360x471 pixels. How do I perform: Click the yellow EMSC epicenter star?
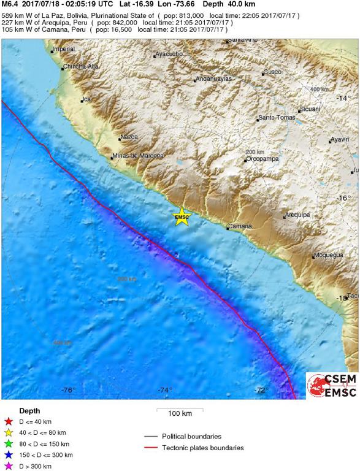(182, 216)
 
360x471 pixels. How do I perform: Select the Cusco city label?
(272, 72)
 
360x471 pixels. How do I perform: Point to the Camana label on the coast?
(240, 226)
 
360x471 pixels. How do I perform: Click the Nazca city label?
(129, 137)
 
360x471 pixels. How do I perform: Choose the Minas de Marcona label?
(137, 156)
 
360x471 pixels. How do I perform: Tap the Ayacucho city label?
(169, 54)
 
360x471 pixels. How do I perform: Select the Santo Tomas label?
(277, 118)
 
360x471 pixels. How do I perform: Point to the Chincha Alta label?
(80, 66)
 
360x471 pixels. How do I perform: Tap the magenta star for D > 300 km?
(9, 466)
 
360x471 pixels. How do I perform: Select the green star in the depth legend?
(9, 444)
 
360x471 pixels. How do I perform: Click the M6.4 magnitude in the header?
(11, 4)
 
